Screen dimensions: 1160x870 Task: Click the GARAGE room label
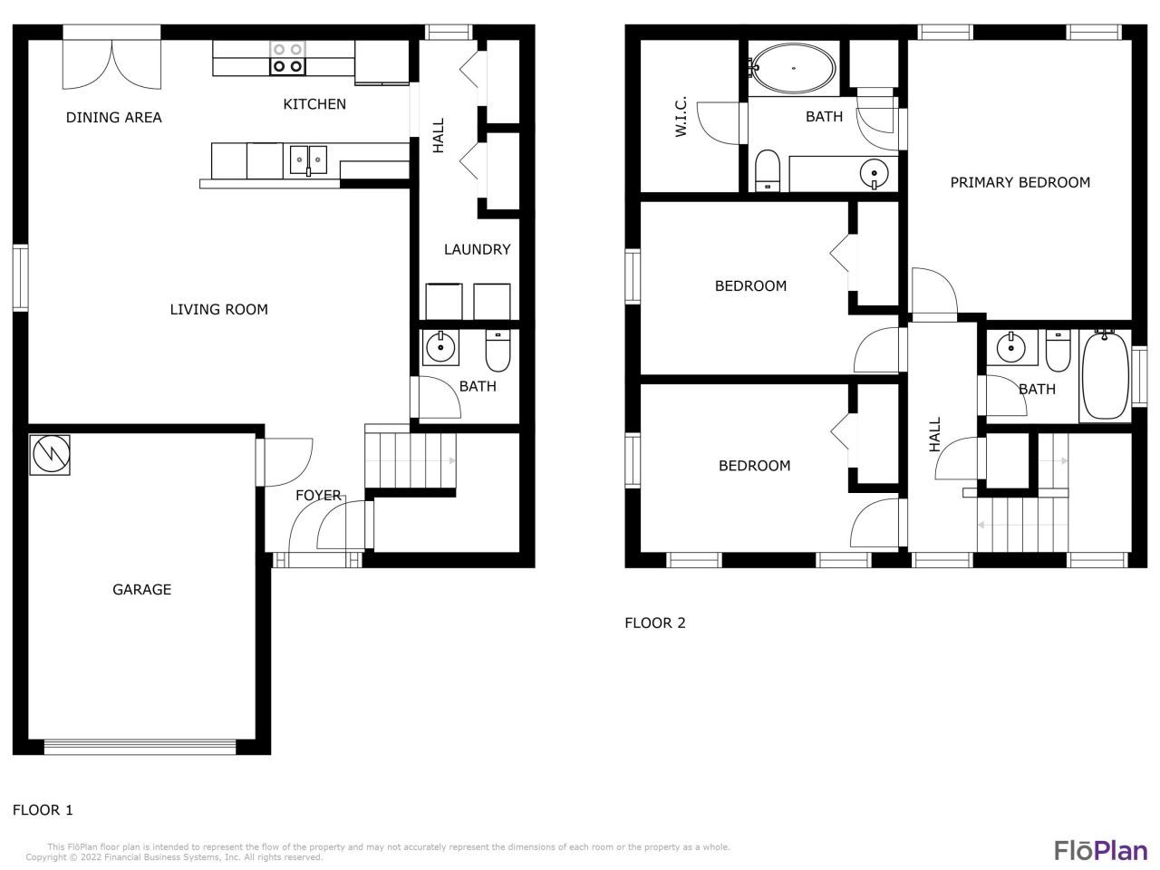[141, 589]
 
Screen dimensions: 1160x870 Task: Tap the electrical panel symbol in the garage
[50, 454]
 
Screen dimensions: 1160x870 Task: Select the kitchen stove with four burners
[287, 58]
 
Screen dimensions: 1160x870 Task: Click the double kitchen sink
[308, 160]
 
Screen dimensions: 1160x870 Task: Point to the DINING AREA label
[113, 117]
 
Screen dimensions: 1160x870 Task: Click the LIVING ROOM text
[218, 309]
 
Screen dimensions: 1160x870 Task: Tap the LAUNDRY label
[478, 249]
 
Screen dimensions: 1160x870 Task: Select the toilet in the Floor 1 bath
[498, 351]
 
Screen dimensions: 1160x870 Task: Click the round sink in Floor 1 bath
[440, 347]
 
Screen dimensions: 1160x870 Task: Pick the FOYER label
[318, 495]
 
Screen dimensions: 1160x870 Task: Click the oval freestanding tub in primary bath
[793, 68]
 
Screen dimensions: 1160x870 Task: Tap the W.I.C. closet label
[681, 116]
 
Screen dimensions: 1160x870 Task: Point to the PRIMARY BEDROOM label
[1020, 182]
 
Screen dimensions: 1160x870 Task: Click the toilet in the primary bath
[768, 170]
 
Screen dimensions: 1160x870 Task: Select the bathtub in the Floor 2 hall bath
[1106, 375]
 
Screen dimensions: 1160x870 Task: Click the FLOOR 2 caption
[655, 623]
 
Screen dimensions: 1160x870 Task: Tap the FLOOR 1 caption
[43, 810]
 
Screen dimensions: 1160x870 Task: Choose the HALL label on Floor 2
[935, 434]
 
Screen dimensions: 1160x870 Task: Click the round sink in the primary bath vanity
[875, 173]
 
